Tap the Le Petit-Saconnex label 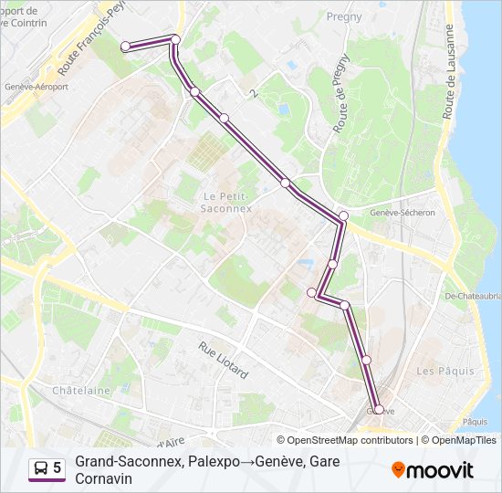(x=222, y=202)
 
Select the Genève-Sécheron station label (x=403, y=212)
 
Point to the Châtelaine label (x=81, y=391)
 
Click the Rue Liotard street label (x=223, y=361)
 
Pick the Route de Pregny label (x=342, y=100)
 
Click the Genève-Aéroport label (x=37, y=87)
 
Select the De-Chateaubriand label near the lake (x=473, y=295)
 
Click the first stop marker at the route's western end (x=126, y=46)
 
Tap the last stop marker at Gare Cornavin (x=379, y=410)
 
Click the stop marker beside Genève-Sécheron (x=343, y=216)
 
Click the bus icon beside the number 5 (x=42, y=468)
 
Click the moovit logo (x=433, y=469)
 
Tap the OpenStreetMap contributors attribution (x=345, y=440)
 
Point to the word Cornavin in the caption (x=106, y=478)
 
